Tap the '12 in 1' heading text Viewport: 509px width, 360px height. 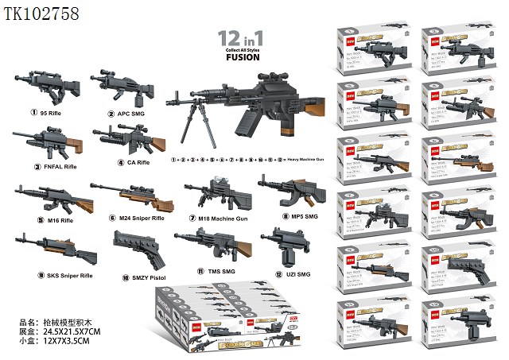pyautogui.click(x=243, y=38)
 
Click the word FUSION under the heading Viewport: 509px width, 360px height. pyautogui.click(x=243, y=58)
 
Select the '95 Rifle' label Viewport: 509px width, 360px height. pyautogui.click(x=45, y=113)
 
